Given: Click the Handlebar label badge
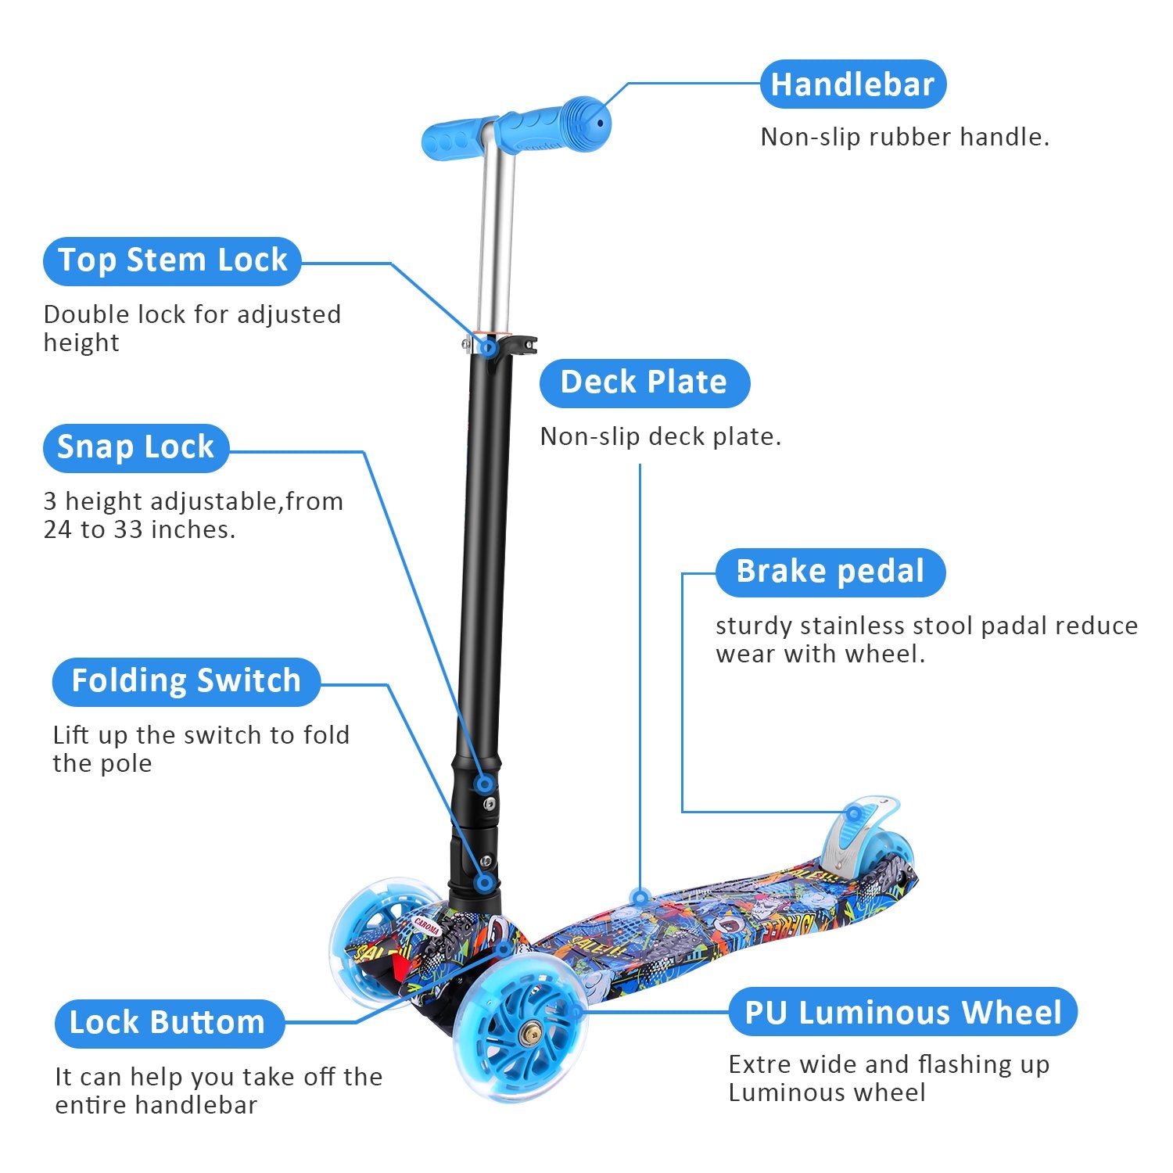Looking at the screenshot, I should tap(852, 84).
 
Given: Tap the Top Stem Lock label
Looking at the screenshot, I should tap(172, 261).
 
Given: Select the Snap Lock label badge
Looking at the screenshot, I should tap(135, 448).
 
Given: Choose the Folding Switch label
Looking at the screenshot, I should tap(186, 682).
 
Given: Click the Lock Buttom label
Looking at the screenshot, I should tap(168, 1024).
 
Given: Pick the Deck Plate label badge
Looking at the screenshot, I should tap(644, 383).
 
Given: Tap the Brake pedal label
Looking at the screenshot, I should tap(830, 572).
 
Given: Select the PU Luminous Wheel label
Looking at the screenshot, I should tap(902, 1013).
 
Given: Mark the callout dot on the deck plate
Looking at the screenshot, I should tap(640, 896).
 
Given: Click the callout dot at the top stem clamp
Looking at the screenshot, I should tap(488, 346).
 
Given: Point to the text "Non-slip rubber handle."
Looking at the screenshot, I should tap(904, 138).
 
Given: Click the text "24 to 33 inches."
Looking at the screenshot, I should tap(139, 530).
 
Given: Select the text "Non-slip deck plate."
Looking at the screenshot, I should tap(660, 437).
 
